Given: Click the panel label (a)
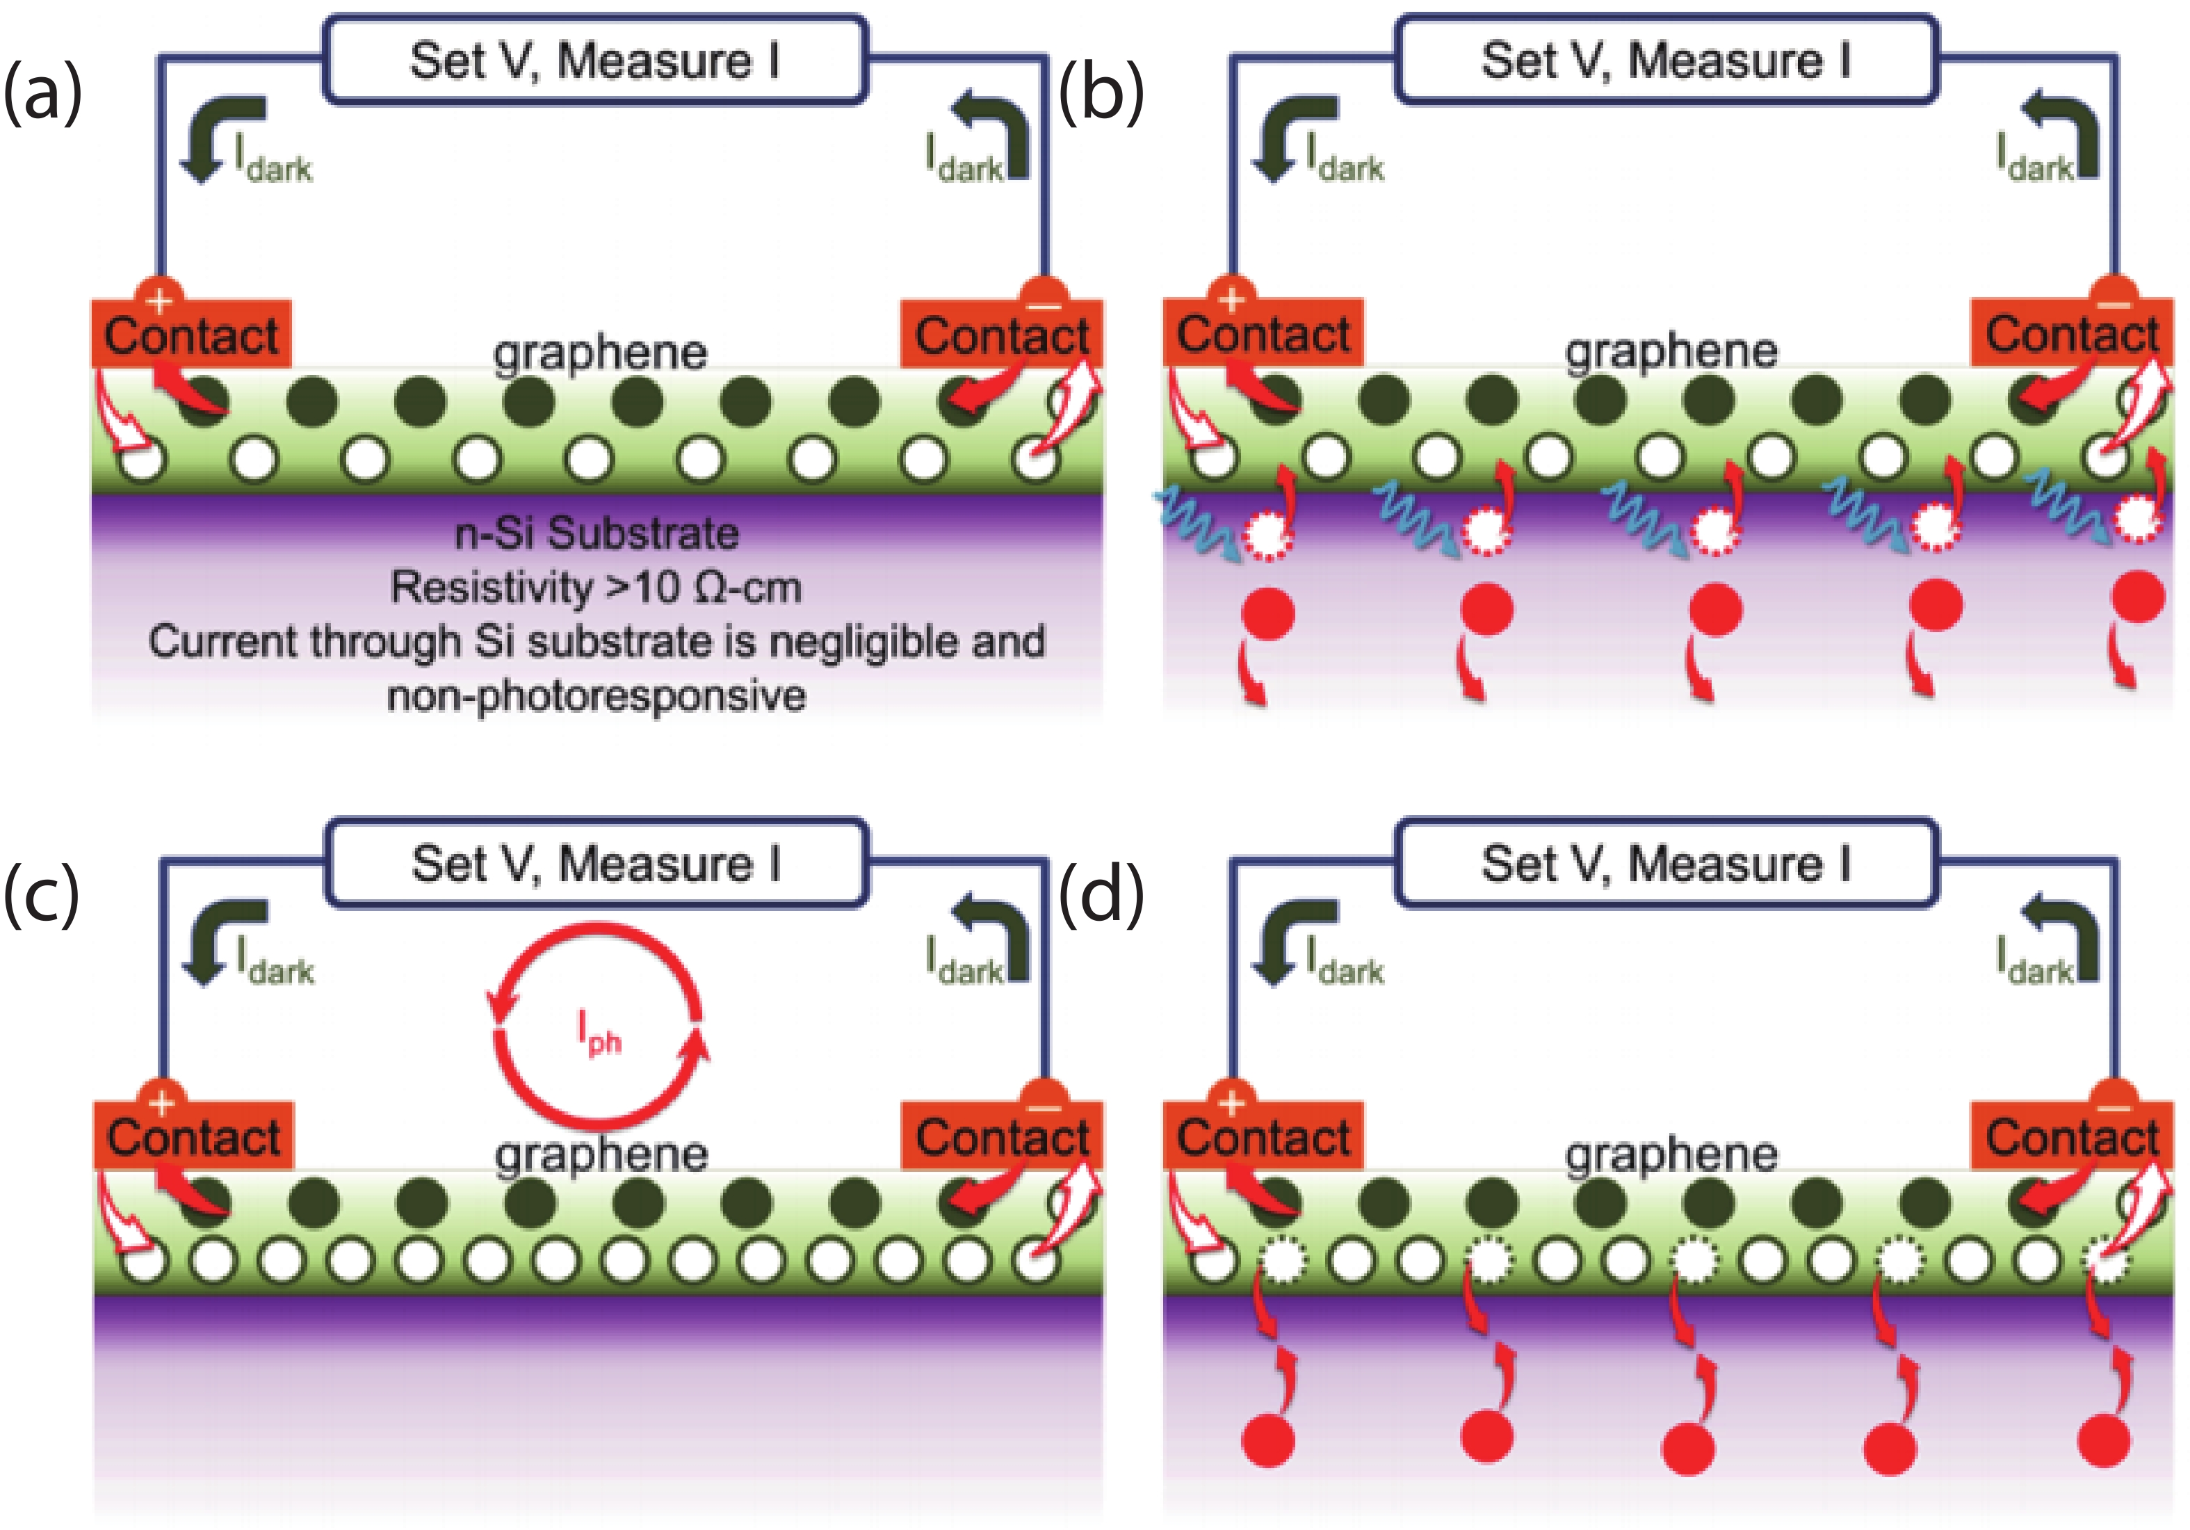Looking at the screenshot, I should coord(43,93).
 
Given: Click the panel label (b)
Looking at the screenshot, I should coord(1102,93).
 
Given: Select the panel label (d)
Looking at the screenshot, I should coord(1102,896).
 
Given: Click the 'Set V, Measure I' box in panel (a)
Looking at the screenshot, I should coord(595,60).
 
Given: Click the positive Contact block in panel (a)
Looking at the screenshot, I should coord(190,334).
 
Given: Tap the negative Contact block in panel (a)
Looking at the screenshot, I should coord(1002,334).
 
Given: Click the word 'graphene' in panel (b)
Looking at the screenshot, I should coord(1671,351).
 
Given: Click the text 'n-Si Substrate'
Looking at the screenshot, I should coord(596,532).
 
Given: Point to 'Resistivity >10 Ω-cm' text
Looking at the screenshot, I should coord(596,587).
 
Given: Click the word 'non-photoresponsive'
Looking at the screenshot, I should coord(596,696).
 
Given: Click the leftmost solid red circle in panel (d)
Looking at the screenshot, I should coord(1267,1440).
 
